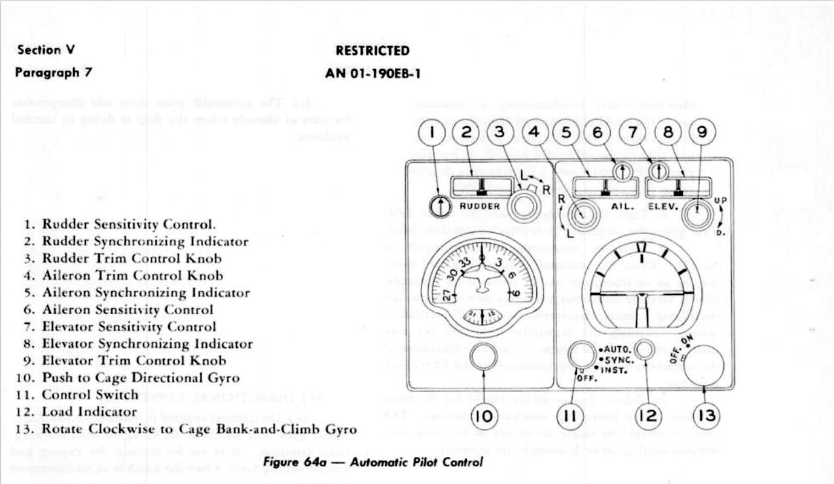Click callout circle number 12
point(648,415)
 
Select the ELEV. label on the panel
point(662,205)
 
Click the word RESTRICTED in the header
point(373,51)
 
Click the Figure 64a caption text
point(373,462)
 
